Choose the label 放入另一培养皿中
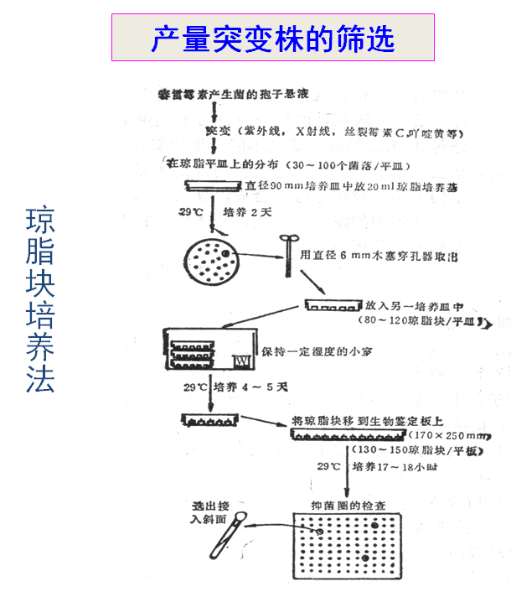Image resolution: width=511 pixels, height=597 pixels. (416, 306)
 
